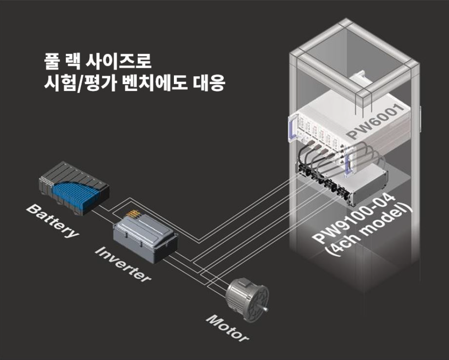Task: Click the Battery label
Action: pyautogui.click(x=52, y=221)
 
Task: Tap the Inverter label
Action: pyautogui.click(x=123, y=264)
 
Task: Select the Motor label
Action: pyautogui.click(x=227, y=328)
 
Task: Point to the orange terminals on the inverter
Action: pyautogui.click(x=133, y=214)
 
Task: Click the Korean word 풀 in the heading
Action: pyautogui.click(x=52, y=61)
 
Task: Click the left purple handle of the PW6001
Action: pyautogui.click(x=292, y=128)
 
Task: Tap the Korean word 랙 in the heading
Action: pyautogui.click(x=73, y=61)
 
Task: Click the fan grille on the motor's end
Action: pyautogui.click(x=257, y=303)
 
